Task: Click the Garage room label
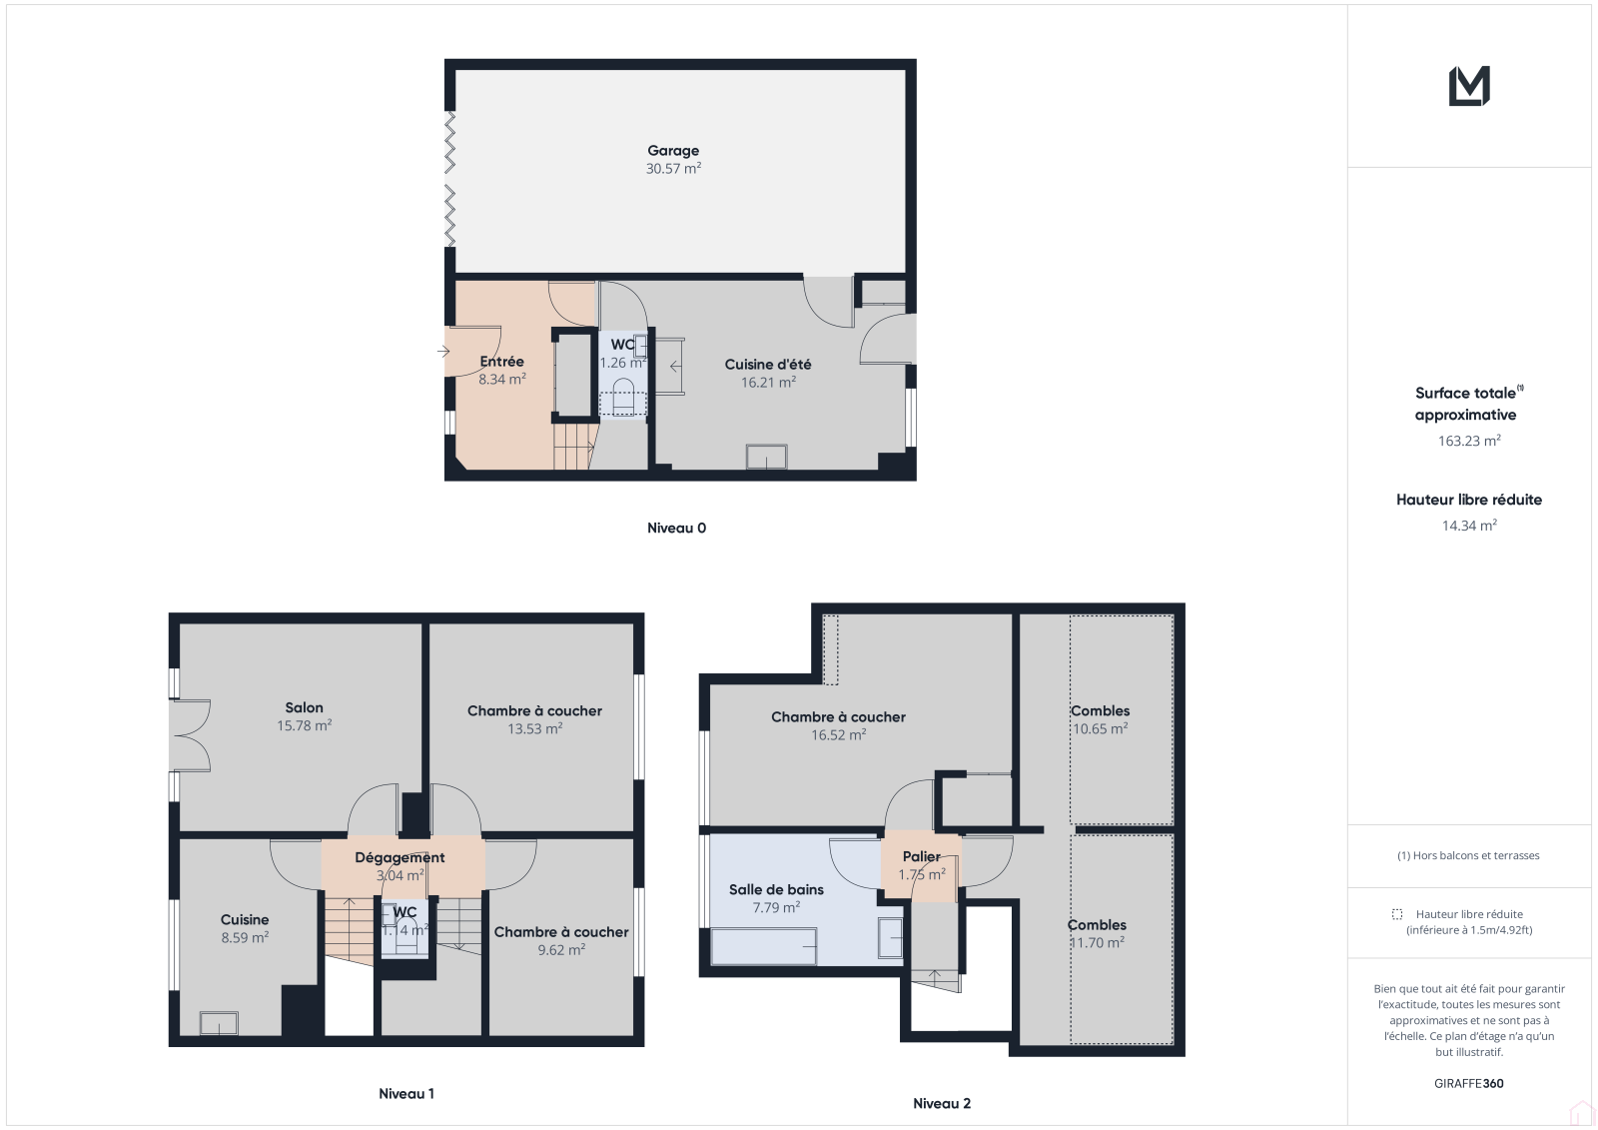click(x=673, y=151)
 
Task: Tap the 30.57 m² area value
click(x=673, y=169)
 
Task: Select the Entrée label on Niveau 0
click(x=501, y=362)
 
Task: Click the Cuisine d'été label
click(x=768, y=364)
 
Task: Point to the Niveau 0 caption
click(x=676, y=528)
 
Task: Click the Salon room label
click(x=304, y=707)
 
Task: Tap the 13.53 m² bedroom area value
click(x=535, y=728)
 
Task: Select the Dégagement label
click(x=399, y=857)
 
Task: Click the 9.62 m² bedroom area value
click(x=561, y=950)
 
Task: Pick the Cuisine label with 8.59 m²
click(x=245, y=919)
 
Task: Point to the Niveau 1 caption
click(x=405, y=1093)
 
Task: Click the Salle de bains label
click(x=776, y=889)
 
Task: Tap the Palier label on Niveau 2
click(x=922, y=856)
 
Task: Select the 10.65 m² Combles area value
click(x=1100, y=728)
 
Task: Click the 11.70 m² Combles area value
click(x=1097, y=943)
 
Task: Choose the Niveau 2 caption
click(x=942, y=1103)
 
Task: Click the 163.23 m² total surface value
click(x=1469, y=441)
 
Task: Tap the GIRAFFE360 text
click(x=1469, y=1083)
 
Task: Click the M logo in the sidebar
click(x=1469, y=86)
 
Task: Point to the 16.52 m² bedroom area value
click(x=838, y=735)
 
